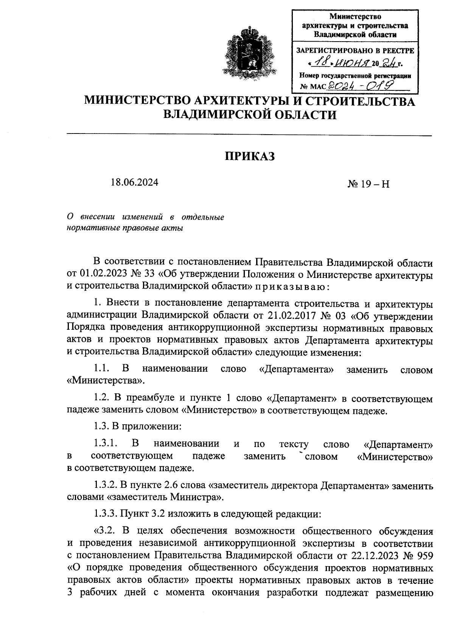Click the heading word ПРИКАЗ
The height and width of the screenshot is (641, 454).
250,156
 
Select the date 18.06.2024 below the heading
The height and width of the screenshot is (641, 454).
134,182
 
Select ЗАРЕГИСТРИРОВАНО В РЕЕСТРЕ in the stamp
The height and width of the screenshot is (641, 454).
355,50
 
